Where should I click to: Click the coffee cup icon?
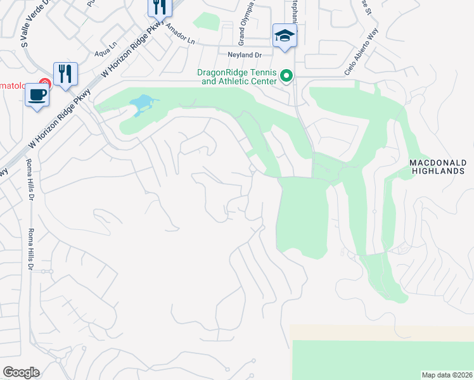[37, 96]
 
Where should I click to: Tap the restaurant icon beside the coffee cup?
[65, 75]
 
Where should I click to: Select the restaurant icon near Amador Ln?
[159, 7]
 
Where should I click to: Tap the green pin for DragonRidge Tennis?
[286, 76]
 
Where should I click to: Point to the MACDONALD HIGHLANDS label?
[437, 167]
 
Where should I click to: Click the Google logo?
[21, 372]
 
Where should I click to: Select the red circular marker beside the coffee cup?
[44, 83]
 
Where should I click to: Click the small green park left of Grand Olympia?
[206, 21]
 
